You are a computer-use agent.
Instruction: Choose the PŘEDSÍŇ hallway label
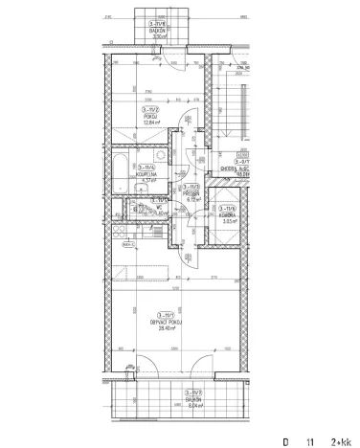(x=192, y=193)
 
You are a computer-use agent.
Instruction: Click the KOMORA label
(x=228, y=213)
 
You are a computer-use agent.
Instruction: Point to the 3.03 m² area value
(x=228, y=220)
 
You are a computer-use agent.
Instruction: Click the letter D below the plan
(x=284, y=441)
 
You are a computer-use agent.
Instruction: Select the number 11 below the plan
(x=309, y=441)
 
